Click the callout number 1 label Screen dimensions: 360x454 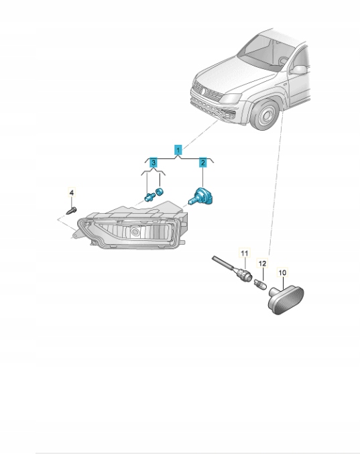pyautogui.click(x=178, y=150)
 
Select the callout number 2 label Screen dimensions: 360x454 pyautogui.click(x=203, y=162)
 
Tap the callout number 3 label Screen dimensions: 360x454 pyautogui.click(x=154, y=162)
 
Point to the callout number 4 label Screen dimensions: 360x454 pyautogui.click(x=72, y=192)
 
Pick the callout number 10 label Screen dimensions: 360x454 pyautogui.click(x=282, y=272)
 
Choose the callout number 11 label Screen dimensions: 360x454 pyautogui.click(x=245, y=253)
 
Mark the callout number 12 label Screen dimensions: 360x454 pyautogui.click(x=262, y=264)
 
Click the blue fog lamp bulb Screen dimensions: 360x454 pyautogui.click(x=201, y=196)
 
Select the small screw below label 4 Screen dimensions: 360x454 pyautogui.click(x=72, y=210)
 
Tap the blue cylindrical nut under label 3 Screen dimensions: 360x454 pyautogui.click(x=159, y=191)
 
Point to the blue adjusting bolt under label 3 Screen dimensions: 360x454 pyautogui.click(x=149, y=197)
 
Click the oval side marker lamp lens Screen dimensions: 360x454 pyautogui.click(x=286, y=300)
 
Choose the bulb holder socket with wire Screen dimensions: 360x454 pyautogui.click(x=232, y=268)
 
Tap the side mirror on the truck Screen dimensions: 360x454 pyautogui.click(x=298, y=70)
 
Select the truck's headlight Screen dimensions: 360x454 pyautogui.click(x=231, y=99)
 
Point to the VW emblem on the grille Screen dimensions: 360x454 pyautogui.click(x=203, y=91)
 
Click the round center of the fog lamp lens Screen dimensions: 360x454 pyautogui.click(x=135, y=231)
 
